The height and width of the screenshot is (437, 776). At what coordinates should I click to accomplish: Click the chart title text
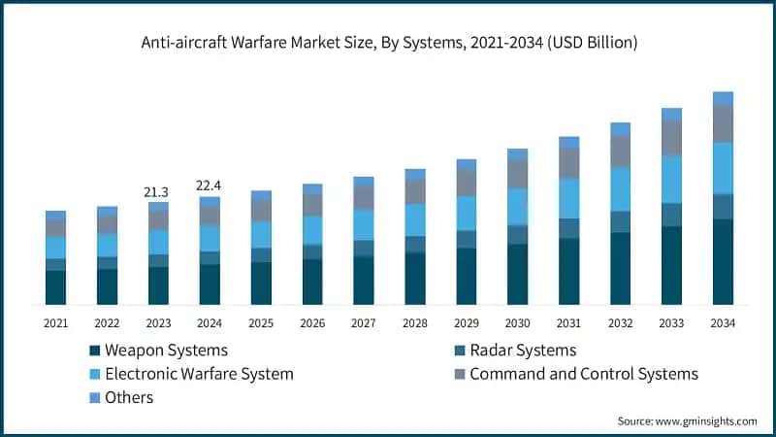pyautogui.click(x=388, y=43)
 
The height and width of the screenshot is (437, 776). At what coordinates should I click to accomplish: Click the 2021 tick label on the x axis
pyautogui.click(x=55, y=322)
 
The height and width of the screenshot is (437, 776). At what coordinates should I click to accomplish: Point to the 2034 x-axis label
pyautogui.click(x=723, y=322)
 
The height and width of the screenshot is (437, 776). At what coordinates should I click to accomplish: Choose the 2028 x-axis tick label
pyautogui.click(x=415, y=322)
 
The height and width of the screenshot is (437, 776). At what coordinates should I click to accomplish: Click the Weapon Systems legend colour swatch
pyautogui.click(x=95, y=351)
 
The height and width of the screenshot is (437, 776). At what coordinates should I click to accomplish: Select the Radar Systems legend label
pyautogui.click(x=523, y=351)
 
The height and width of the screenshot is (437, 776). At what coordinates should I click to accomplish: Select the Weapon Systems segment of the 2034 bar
pyautogui.click(x=723, y=262)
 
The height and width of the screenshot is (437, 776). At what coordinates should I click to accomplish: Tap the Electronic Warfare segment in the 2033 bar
pyautogui.click(x=671, y=179)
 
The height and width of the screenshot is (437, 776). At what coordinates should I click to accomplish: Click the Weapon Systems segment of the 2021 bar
pyautogui.click(x=55, y=287)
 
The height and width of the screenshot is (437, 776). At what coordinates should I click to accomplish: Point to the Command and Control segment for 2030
pyautogui.click(x=518, y=174)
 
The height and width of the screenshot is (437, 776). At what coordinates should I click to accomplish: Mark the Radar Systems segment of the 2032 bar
pyautogui.click(x=620, y=221)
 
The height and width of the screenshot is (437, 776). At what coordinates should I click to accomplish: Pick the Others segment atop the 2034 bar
pyautogui.click(x=723, y=98)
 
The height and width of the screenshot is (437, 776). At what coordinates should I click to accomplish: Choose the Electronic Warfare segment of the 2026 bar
pyautogui.click(x=312, y=229)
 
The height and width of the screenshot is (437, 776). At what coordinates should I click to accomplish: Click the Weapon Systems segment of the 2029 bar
pyautogui.click(x=467, y=277)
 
